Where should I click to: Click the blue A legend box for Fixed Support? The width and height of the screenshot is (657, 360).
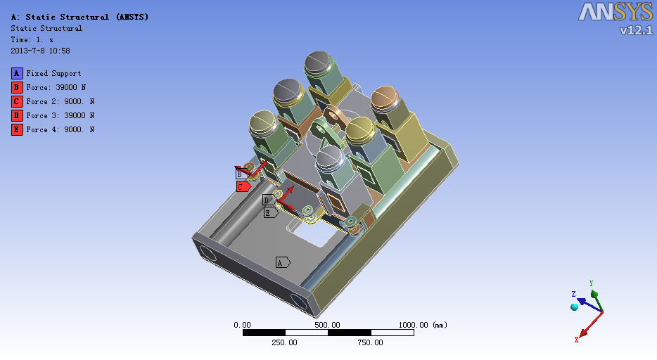(17, 74)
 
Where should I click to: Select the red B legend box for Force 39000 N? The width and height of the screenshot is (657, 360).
(17, 87)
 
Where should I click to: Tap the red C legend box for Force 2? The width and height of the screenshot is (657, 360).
(17, 102)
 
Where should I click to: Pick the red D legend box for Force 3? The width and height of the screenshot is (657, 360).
(17, 115)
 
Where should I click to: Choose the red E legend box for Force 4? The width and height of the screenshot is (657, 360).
(17, 130)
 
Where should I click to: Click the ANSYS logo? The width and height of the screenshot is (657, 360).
(615, 12)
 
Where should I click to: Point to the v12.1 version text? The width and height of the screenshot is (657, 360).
(636, 30)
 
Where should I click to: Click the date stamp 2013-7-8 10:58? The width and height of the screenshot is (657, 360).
(40, 51)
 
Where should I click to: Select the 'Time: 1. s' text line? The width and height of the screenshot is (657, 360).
(32, 40)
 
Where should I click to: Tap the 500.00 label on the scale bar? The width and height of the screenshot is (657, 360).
(327, 325)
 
